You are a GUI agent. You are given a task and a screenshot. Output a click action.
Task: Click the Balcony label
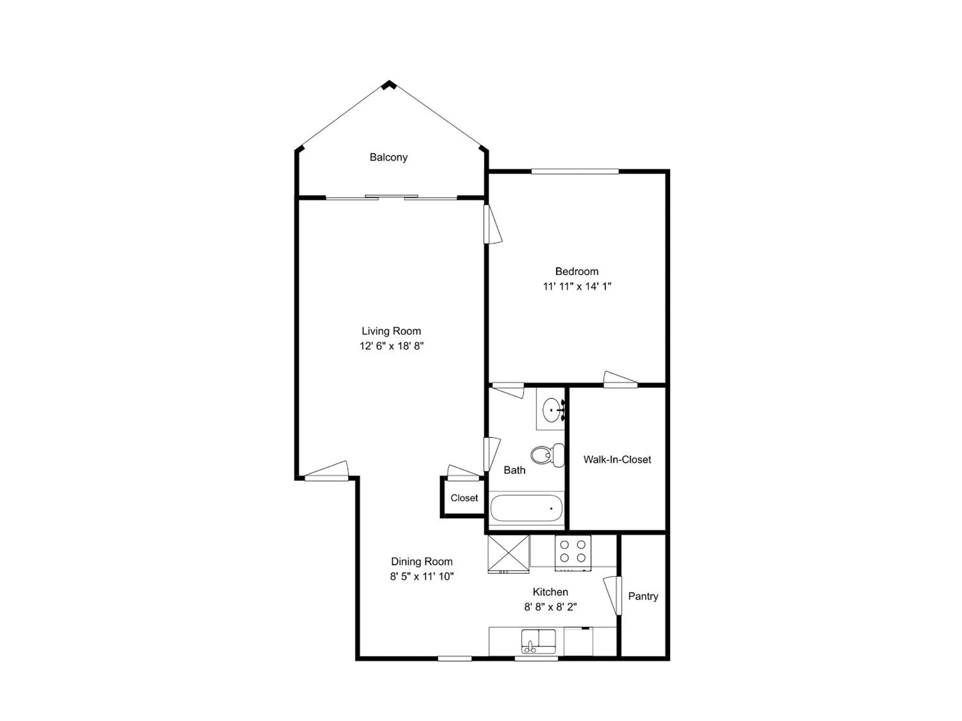(x=388, y=157)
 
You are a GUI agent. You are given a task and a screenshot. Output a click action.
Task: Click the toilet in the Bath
(x=547, y=455)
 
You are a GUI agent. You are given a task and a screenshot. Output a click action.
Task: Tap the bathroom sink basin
(x=552, y=410)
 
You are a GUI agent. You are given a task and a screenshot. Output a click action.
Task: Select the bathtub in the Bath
(x=526, y=508)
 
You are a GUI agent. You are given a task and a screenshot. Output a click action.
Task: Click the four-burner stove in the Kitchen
(x=573, y=552)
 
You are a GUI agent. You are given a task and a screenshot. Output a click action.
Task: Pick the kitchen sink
(x=538, y=641)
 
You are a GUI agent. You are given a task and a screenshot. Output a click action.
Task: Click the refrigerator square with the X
(x=508, y=554)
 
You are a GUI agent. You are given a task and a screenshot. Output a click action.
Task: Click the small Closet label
(x=464, y=498)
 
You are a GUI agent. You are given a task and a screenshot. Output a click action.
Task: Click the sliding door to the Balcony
(x=391, y=197)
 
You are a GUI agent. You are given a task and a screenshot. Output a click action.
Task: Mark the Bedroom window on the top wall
(x=575, y=171)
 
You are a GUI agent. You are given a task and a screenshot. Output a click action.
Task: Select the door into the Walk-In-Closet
(x=621, y=380)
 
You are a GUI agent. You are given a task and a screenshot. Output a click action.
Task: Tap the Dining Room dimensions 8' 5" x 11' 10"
(x=422, y=576)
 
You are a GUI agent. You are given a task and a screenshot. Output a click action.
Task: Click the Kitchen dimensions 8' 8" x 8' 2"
(x=550, y=607)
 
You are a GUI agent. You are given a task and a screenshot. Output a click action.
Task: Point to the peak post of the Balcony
(x=389, y=84)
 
